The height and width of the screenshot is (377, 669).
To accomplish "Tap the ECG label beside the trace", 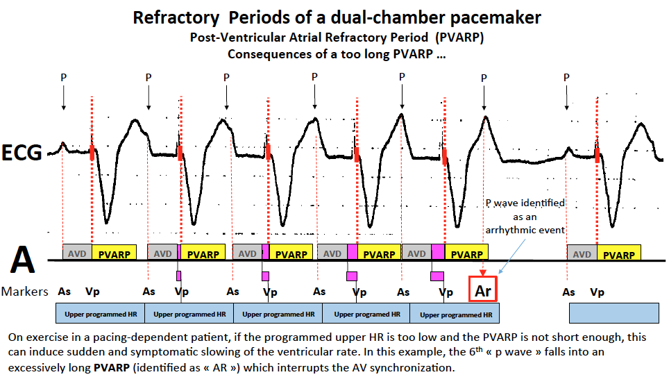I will tap(22, 152).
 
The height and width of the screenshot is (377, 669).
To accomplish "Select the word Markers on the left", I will tap(25, 292).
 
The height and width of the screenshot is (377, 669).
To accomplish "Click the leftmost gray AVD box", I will tap(77, 254).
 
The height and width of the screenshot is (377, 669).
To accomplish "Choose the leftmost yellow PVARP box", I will tap(115, 254).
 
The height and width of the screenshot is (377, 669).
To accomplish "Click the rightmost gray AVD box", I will tap(582, 254).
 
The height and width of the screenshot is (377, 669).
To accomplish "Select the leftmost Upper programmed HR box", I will tap(100, 314).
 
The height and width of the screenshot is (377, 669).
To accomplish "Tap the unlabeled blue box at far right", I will tap(614, 314).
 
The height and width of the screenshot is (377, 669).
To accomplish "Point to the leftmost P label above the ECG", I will tap(63, 77).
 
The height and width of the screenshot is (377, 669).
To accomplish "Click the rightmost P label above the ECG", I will tap(566, 77).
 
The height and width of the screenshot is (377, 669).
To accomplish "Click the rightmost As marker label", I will tap(569, 292).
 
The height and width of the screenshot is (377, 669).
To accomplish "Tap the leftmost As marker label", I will tap(64, 292).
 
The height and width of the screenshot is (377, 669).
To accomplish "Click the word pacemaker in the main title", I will tap(490, 18).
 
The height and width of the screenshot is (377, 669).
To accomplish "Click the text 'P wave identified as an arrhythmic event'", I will tap(525, 217).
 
